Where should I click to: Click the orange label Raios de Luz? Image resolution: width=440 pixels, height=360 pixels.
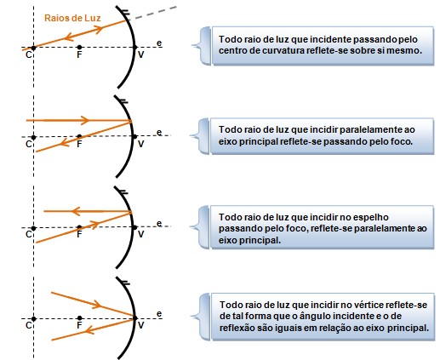72,18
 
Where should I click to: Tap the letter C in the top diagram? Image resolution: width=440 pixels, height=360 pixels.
29,54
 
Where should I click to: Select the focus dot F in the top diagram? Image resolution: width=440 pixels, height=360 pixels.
79,47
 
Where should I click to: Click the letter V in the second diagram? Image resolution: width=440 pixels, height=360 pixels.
140,144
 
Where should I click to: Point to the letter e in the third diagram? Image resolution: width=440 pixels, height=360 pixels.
159,224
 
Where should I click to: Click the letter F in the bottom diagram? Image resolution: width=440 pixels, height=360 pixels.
79,325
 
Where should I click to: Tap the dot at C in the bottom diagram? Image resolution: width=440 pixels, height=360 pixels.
33,319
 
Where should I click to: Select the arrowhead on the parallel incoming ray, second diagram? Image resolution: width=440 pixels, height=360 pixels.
85,120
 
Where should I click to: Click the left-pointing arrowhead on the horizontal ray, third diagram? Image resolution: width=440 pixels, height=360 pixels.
77,211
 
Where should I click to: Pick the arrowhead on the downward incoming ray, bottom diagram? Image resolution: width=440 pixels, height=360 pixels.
97,305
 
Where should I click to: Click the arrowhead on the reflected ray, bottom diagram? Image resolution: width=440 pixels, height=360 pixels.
90,329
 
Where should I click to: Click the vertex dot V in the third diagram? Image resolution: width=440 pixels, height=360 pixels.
135,227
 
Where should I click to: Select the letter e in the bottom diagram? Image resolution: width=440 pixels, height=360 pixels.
159,314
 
